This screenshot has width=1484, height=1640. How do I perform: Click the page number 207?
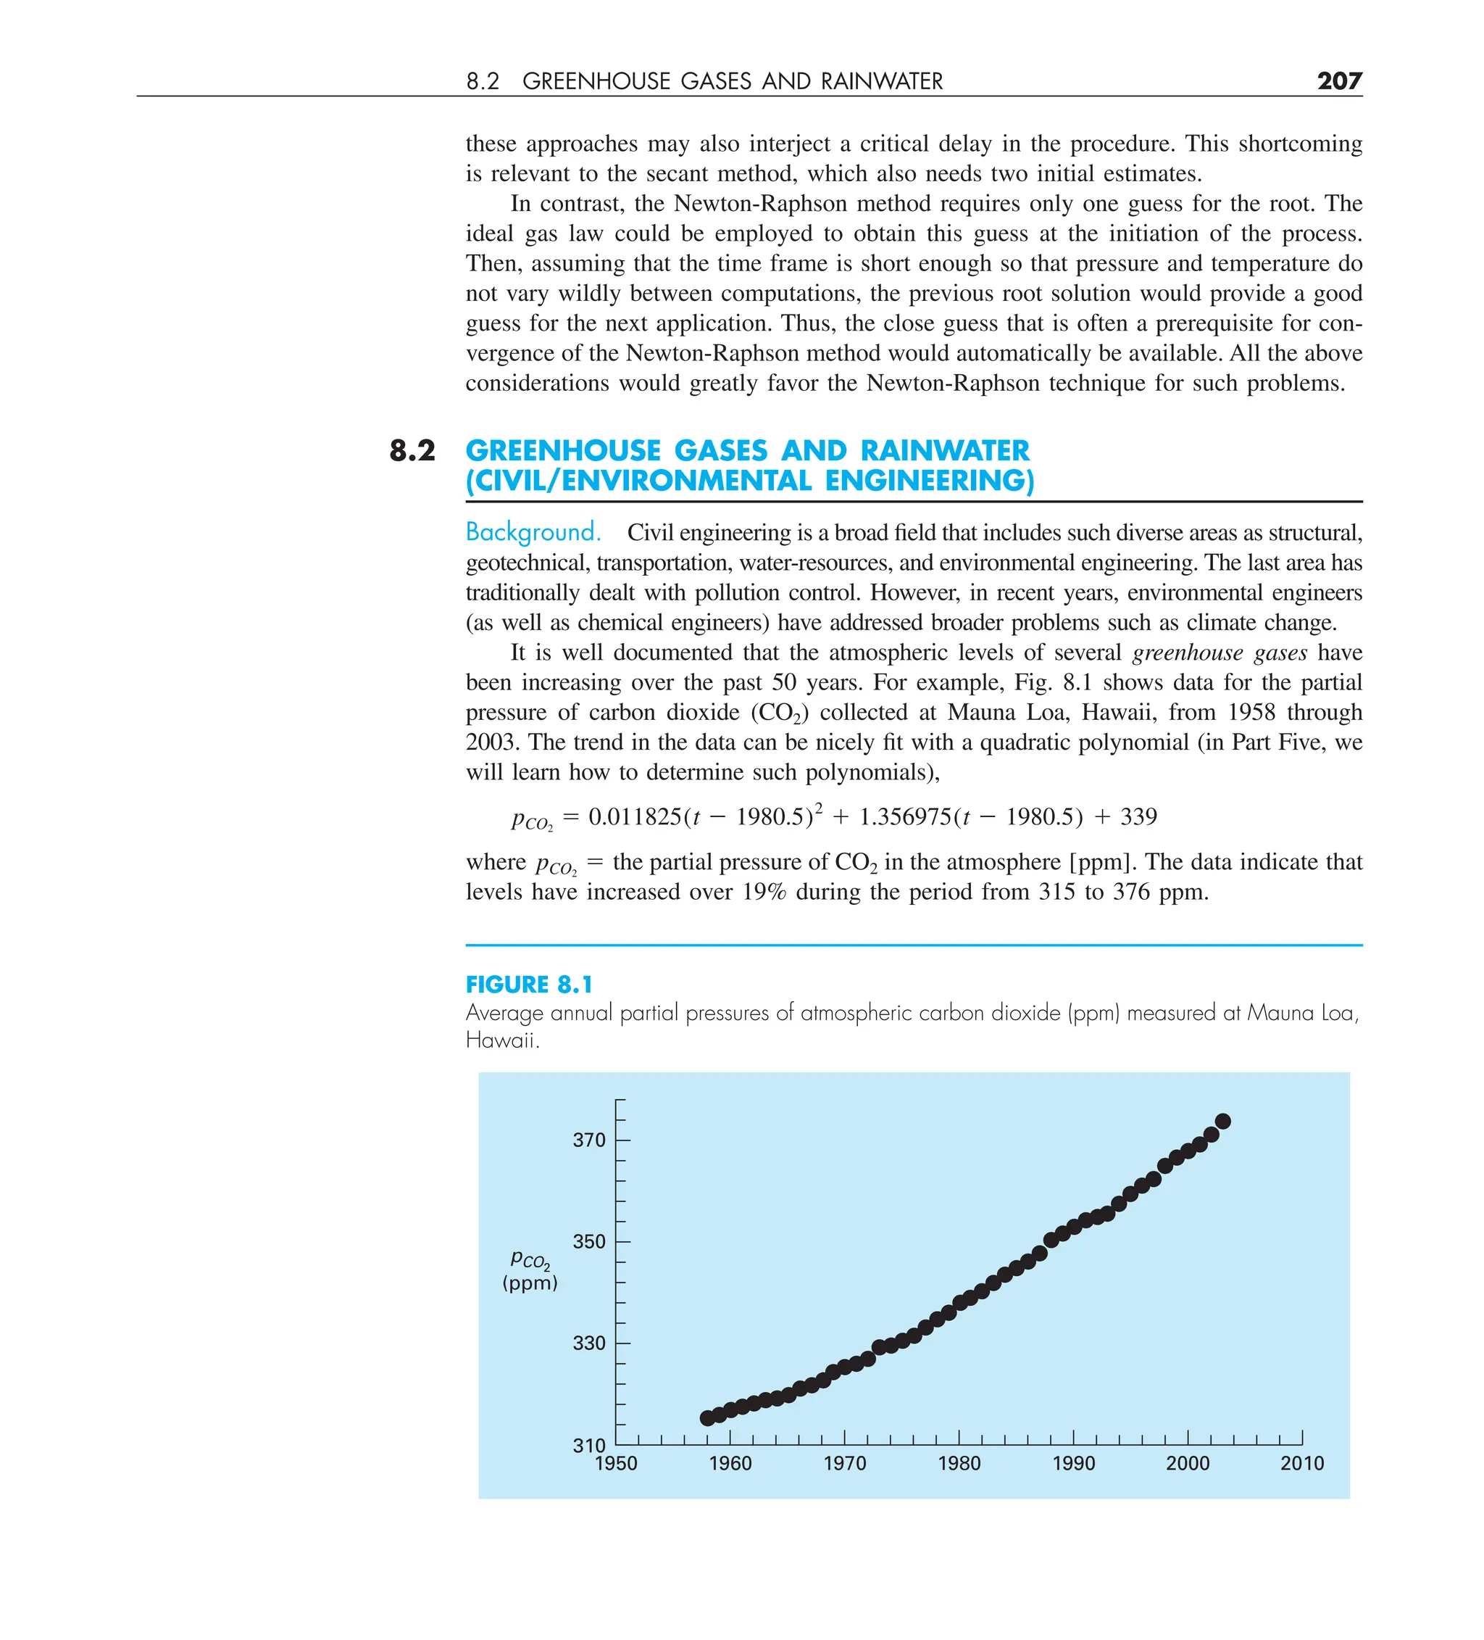point(1338,80)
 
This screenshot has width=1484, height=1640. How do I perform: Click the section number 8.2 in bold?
point(412,450)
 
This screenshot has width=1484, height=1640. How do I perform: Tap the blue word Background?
point(533,532)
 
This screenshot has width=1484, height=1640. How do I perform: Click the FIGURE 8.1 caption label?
point(528,985)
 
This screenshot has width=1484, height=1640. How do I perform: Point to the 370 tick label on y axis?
point(588,1140)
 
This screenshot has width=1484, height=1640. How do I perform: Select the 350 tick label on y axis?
point(588,1241)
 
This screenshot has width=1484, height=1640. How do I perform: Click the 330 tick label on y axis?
point(588,1343)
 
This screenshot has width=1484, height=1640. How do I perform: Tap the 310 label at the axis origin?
point(588,1446)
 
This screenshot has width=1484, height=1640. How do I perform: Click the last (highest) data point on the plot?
point(1222,1122)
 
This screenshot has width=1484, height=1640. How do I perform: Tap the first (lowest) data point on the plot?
point(707,1418)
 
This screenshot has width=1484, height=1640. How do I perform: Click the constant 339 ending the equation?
point(1138,817)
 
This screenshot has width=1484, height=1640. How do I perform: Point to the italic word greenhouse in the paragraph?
point(1177,653)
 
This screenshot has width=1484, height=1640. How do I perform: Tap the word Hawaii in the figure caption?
point(501,1040)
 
